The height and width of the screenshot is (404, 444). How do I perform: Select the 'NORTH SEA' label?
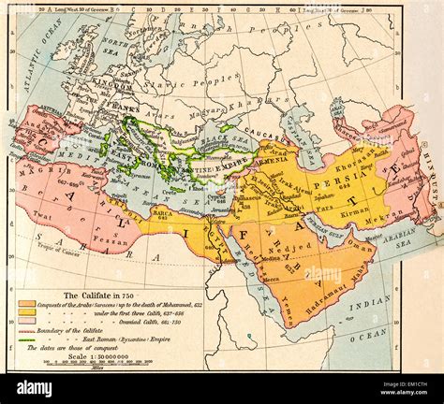pyautogui.click(x=112, y=50)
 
